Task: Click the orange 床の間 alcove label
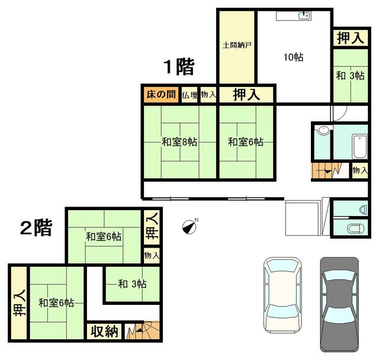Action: point(161,95)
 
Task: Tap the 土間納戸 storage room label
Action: point(237,45)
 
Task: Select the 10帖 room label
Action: point(294,57)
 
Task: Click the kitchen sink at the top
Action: point(304,16)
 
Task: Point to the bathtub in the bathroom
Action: point(359,146)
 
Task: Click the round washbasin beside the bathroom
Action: point(323,130)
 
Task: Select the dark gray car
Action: point(339,304)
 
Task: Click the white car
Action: point(282,295)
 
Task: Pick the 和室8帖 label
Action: point(179,142)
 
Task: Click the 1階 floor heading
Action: point(179,67)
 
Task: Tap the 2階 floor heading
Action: point(36,227)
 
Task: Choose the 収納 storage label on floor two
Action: point(104,331)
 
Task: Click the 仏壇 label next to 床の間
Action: point(190,95)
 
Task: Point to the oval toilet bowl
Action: point(355,229)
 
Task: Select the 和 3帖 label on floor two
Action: point(132,284)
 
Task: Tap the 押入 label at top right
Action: point(351,38)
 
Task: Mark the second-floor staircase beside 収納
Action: point(142,330)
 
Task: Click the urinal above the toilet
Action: point(363,209)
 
